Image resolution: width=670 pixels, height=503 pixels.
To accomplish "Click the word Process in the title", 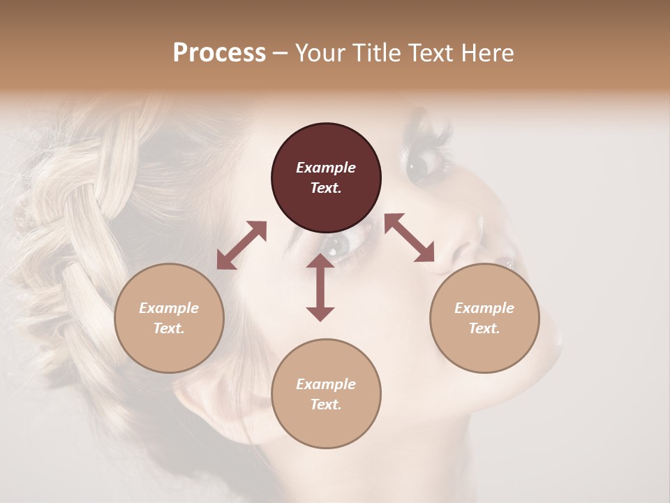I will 219,53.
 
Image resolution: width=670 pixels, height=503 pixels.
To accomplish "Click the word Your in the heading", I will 320,53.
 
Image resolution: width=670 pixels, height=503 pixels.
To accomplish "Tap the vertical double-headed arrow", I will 320,287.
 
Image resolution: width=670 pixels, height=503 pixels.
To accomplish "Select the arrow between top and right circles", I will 409,238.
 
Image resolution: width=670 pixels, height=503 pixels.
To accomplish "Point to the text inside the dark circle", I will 326,177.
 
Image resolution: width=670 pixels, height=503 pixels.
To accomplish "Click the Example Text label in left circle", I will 169,318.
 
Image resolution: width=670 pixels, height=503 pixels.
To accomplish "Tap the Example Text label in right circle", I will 484,318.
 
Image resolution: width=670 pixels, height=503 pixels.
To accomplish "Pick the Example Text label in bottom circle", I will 326,394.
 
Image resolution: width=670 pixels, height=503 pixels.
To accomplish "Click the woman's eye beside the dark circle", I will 421,166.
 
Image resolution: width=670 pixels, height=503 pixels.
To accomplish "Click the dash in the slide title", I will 280,53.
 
